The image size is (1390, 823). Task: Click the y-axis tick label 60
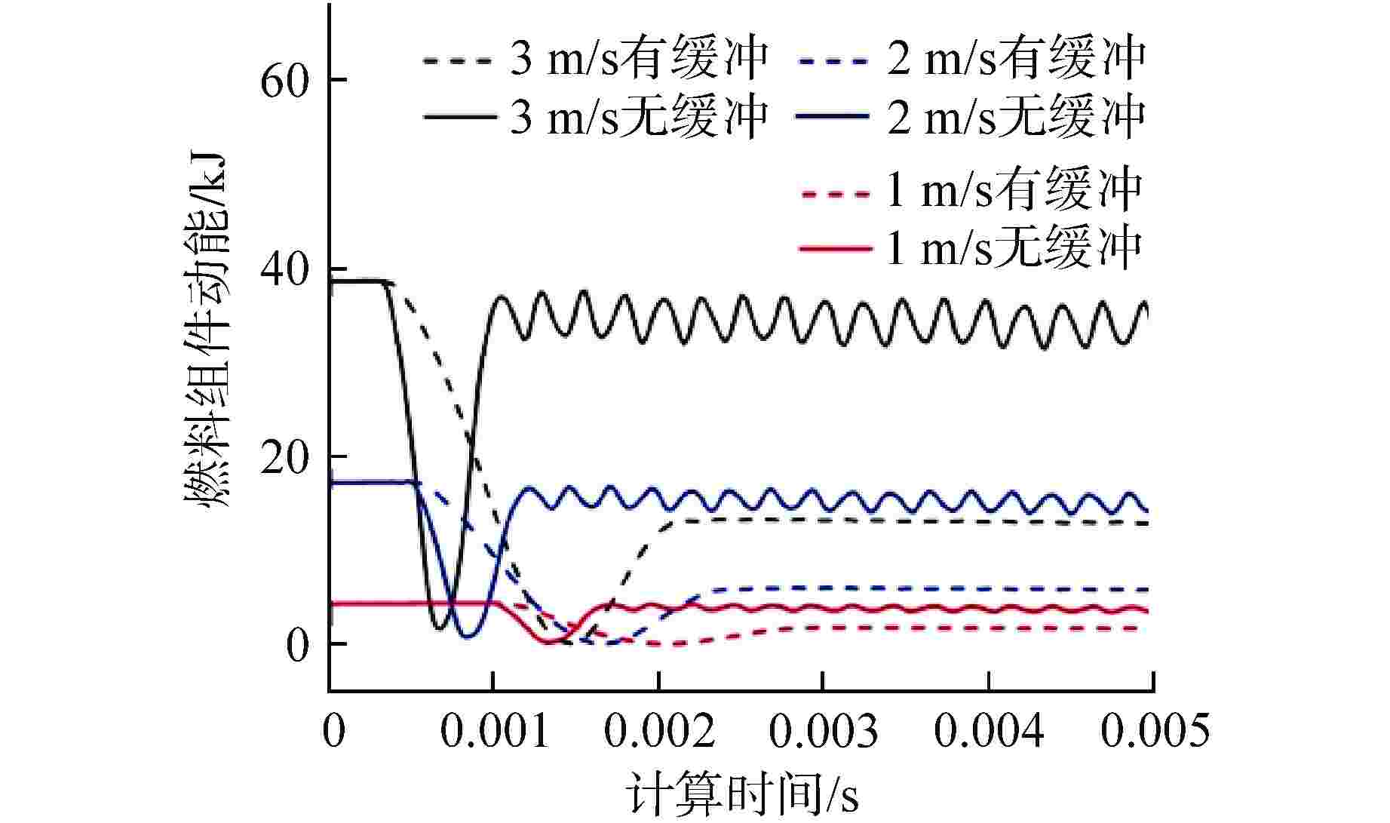(284, 81)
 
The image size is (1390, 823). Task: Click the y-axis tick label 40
(284, 270)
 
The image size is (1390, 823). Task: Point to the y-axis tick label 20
(284, 458)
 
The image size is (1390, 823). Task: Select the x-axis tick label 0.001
(494, 730)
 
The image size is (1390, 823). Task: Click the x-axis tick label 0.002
(659, 730)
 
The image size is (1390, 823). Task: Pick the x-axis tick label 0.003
(824, 730)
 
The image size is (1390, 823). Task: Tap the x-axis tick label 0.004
(989, 730)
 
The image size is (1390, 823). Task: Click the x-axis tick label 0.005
(1154, 730)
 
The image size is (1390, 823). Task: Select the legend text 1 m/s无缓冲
(1013, 248)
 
